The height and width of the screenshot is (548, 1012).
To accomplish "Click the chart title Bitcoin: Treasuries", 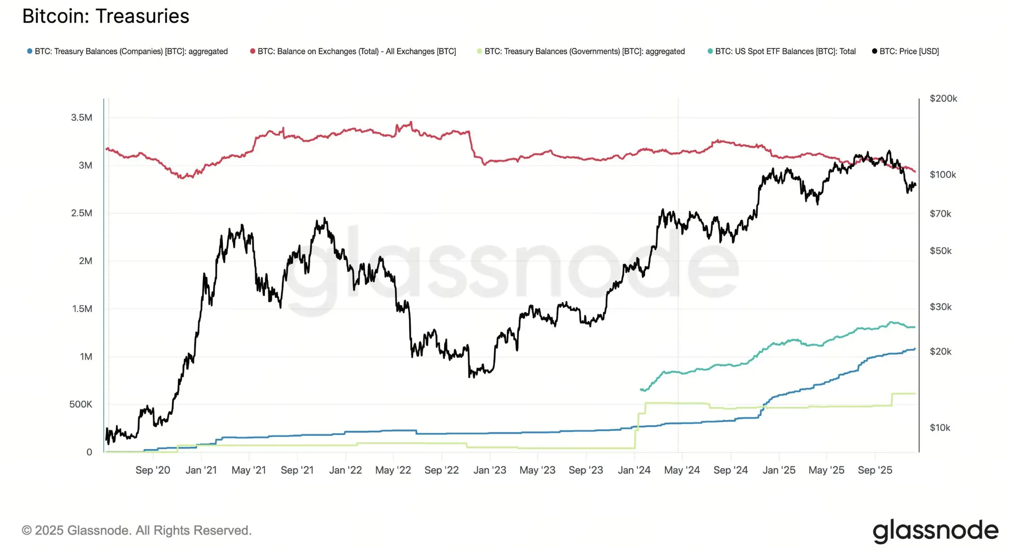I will pos(106,16).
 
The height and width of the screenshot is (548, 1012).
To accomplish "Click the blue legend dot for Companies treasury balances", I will pos(30,51).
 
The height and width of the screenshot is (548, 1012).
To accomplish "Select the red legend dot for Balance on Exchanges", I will pos(253,51).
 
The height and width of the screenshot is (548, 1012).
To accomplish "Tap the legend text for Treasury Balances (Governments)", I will pos(584,51).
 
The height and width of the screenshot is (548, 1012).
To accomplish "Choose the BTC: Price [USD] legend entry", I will pos(909,51).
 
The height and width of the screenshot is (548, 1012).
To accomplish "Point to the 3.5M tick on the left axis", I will pos(82,118).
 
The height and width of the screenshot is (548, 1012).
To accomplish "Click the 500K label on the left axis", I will pos(81,404).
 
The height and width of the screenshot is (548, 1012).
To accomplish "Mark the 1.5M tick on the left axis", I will pos(82,309).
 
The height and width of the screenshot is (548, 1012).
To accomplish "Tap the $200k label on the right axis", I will pos(943,99).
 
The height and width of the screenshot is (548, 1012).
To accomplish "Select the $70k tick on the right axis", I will pos(940,214).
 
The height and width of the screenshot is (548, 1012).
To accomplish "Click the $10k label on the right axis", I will pos(940,427).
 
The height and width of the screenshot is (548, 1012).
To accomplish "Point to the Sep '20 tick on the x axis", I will pos(152,470).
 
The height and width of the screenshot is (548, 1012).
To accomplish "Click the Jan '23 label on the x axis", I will pos(489,470).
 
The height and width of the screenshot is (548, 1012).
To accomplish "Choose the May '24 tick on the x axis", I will pos(682,470).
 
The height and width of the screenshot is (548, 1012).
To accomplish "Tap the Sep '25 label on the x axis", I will pos(874,470).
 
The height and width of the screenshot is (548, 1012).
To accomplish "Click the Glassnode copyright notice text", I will pos(137,530).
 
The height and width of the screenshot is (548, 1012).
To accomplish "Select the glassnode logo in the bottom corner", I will pos(935,531).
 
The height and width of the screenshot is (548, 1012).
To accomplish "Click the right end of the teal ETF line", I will pos(915,327).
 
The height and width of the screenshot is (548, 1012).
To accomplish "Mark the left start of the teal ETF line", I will pos(641,389).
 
